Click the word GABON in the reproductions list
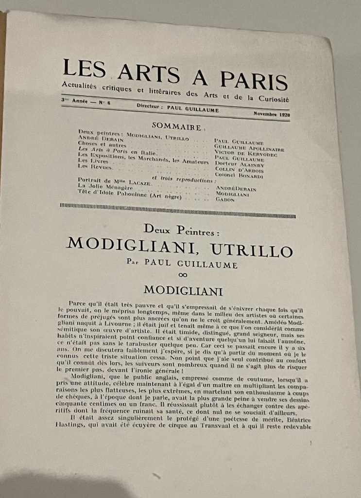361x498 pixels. click(x=225, y=199)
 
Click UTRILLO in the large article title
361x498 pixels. click(x=252, y=249)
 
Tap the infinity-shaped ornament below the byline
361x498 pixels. click(x=183, y=275)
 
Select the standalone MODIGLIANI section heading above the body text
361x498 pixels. click(x=183, y=291)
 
